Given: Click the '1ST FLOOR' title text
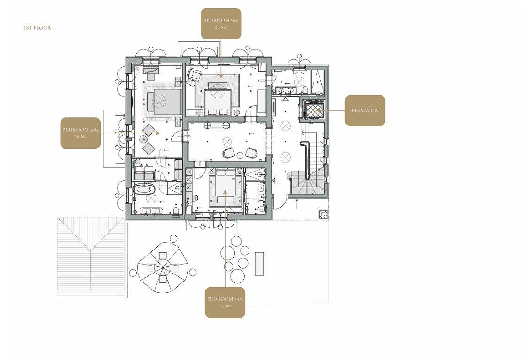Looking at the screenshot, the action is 38,28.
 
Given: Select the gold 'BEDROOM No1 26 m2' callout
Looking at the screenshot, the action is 221,23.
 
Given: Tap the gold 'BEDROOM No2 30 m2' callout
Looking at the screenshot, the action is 80,133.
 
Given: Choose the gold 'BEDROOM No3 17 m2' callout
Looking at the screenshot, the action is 225,302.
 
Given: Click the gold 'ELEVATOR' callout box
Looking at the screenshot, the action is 365,110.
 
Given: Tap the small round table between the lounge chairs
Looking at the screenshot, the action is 240,156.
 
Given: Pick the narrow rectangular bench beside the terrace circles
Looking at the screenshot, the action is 259,264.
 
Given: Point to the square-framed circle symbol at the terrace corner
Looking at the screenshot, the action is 323,214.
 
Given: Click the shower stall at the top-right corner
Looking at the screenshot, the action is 318,82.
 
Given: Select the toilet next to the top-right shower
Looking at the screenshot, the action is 305,90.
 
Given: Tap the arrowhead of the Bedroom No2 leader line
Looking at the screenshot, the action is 158,133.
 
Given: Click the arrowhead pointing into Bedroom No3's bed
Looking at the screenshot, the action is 225,192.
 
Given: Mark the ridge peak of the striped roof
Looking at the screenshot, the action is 91,250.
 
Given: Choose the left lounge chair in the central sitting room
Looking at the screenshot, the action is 228,153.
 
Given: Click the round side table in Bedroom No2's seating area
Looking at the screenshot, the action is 144,139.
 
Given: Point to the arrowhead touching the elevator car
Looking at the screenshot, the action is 318,110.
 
